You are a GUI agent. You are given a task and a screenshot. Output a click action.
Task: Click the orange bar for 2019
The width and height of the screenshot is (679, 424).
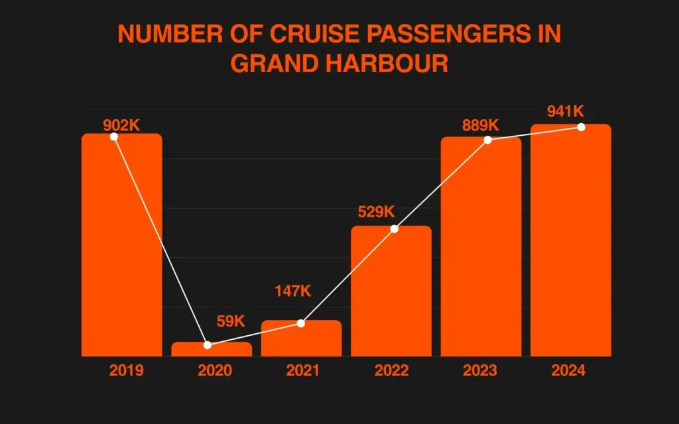tap(121, 245)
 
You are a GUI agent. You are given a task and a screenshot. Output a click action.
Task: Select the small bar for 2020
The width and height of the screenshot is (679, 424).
tap(212, 350)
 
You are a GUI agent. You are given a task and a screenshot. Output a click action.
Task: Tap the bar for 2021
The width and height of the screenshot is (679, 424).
tap(301, 339)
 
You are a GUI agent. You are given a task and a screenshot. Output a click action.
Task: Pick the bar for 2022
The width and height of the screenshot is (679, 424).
tap(391, 291)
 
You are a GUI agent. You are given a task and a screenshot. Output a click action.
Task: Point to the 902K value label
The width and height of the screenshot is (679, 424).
tap(121, 125)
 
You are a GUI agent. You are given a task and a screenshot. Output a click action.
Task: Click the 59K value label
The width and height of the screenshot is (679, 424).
tap(231, 322)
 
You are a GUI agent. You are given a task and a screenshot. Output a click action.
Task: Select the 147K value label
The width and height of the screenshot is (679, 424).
tap(292, 291)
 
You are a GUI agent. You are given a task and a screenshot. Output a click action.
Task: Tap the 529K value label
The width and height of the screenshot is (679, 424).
tap(376, 212)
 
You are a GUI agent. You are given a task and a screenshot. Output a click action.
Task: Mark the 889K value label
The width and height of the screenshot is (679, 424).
tap(481, 125)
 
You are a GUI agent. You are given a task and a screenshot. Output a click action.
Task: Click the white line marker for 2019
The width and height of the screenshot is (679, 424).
tap(113, 136)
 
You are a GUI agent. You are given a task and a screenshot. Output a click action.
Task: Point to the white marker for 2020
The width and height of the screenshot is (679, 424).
tap(208, 345)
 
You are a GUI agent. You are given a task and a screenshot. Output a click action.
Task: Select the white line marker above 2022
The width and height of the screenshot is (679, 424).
tap(395, 229)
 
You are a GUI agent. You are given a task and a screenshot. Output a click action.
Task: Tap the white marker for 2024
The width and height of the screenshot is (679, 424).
tap(581, 127)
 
